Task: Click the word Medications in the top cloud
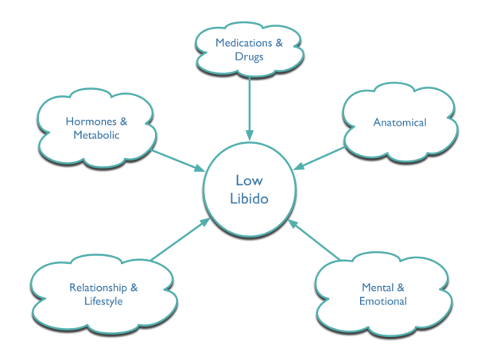tap(243, 43)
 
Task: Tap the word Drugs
tap(249, 57)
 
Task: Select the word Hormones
tap(91, 122)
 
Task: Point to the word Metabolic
tap(96, 135)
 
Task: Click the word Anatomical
tap(400, 122)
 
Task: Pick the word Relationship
tap(98, 288)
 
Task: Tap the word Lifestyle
tap(103, 301)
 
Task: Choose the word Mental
tap(378, 288)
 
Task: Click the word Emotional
tap(383, 301)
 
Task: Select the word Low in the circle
tap(249, 180)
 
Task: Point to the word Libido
tap(249, 199)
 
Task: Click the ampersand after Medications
tap(279, 43)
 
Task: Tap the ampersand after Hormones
tap(123, 122)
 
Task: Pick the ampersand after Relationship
tap(134, 288)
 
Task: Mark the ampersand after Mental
tap(401, 288)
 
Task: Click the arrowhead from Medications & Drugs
tap(250, 135)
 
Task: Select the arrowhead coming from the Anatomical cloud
tap(299, 166)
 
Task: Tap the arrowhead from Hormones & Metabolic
tap(200, 168)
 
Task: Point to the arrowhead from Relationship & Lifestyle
tap(205, 222)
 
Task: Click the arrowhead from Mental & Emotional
tap(293, 223)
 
